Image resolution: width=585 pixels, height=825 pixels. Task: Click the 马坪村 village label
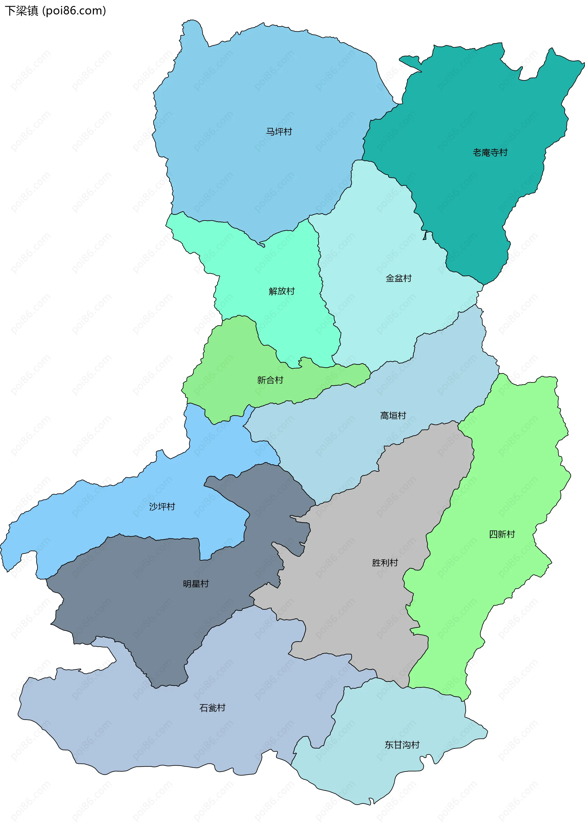point(279,132)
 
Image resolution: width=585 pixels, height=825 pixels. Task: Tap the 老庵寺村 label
point(490,153)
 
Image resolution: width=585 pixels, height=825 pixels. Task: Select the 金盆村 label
point(399,278)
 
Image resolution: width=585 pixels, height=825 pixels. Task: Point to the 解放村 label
point(282,291)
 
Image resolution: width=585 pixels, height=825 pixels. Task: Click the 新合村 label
point(270,380)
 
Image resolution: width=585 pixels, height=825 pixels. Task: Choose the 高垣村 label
point(393,416)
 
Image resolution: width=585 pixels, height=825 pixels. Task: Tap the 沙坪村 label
point(162,507)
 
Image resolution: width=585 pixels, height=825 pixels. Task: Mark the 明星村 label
point(196,584)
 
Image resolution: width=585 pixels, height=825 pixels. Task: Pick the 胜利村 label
point(385,562)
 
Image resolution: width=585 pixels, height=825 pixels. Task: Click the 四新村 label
point(502,534)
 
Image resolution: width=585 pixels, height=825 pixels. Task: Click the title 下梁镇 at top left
point(22,11)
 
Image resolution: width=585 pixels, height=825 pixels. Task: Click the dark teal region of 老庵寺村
point(468,108)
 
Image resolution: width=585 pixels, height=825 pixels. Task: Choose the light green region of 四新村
point(512,468)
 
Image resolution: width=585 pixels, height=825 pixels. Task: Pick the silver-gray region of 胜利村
point(360,612)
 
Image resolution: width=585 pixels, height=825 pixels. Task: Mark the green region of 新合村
point(231,360)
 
